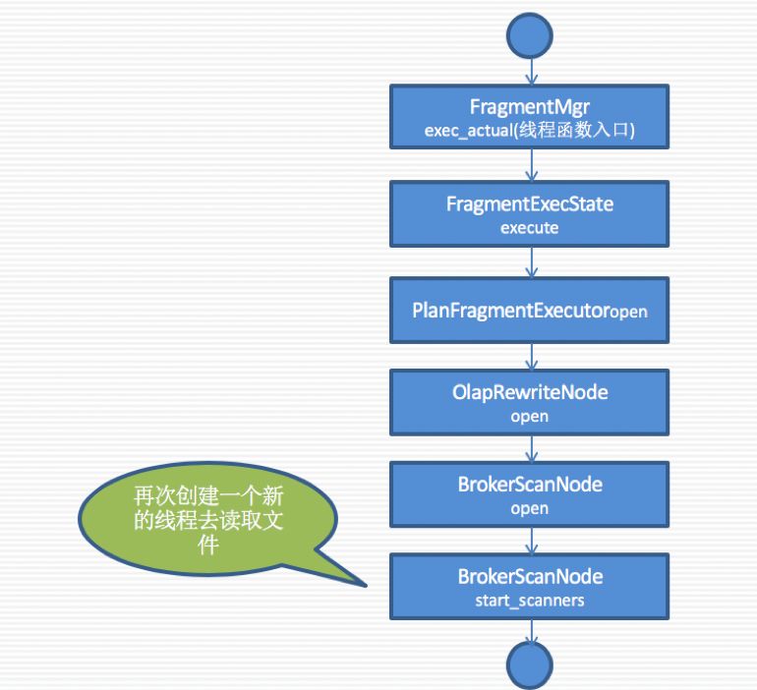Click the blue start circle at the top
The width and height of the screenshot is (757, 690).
click(530, 36)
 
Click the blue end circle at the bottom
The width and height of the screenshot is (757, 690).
click(530, 665)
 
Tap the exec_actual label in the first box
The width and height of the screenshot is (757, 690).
click(530, 131)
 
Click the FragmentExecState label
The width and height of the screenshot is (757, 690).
click(530, 204)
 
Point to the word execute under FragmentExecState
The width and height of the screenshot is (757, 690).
click(530, 227)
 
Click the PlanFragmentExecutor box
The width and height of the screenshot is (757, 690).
click(530, 310)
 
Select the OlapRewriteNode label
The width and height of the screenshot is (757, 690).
click(530, 392)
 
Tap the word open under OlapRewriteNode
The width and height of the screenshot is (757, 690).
click(530, 416)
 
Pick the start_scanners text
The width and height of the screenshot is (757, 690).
click(530, 600)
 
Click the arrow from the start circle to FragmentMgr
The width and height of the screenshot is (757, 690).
click(530, 71)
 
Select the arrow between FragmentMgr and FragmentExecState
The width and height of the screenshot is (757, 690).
click(530, 166)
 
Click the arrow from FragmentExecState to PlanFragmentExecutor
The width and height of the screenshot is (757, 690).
click(530, 260)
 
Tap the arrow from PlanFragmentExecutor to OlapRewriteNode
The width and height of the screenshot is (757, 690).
click(530, 355)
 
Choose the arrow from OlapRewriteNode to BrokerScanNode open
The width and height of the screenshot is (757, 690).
click(530, 447)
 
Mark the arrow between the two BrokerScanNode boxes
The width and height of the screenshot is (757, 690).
click(530, 539)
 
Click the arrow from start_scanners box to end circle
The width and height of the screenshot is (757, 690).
click(530, 631)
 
